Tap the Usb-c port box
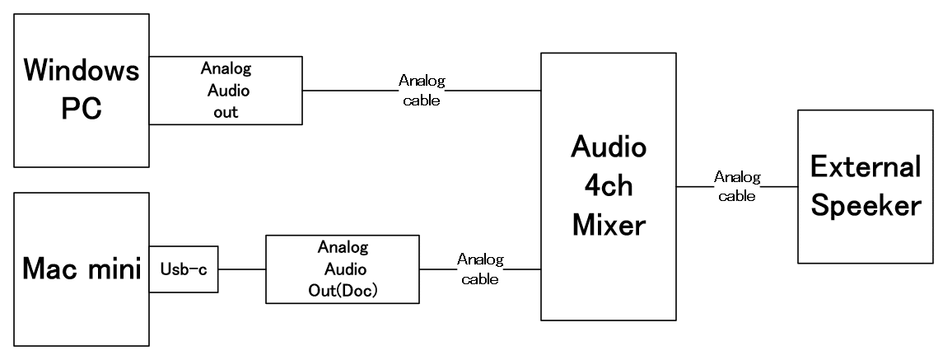click(184, 269)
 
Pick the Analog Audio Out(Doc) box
click(343, 269)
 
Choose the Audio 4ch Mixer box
click(608, 187)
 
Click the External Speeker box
click(865, 187)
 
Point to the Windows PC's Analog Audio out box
click(226, 91)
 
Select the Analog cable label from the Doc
click(480, 269)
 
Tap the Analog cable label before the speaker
click(737, 185)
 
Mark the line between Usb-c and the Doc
click(241, 269)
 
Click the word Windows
click(81, 72)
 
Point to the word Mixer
click(609, 225)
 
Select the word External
click(865, 167)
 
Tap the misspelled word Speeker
click(865, 206)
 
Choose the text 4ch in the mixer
click(609, 187)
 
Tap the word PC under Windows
click(81, 110)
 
